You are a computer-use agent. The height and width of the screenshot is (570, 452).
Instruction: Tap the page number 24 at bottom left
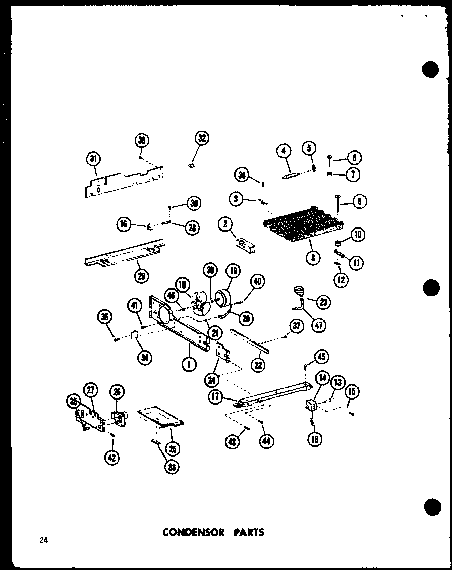coord(43,541)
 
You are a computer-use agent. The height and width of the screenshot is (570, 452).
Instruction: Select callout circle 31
coord(93,159)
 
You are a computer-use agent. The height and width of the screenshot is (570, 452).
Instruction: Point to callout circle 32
coord(202,138)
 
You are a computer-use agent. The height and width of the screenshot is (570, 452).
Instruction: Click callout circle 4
coord(285,151)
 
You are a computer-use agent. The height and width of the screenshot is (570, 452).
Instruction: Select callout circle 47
coord(319,324)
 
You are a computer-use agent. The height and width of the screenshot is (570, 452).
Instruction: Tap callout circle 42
coord(111,458)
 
